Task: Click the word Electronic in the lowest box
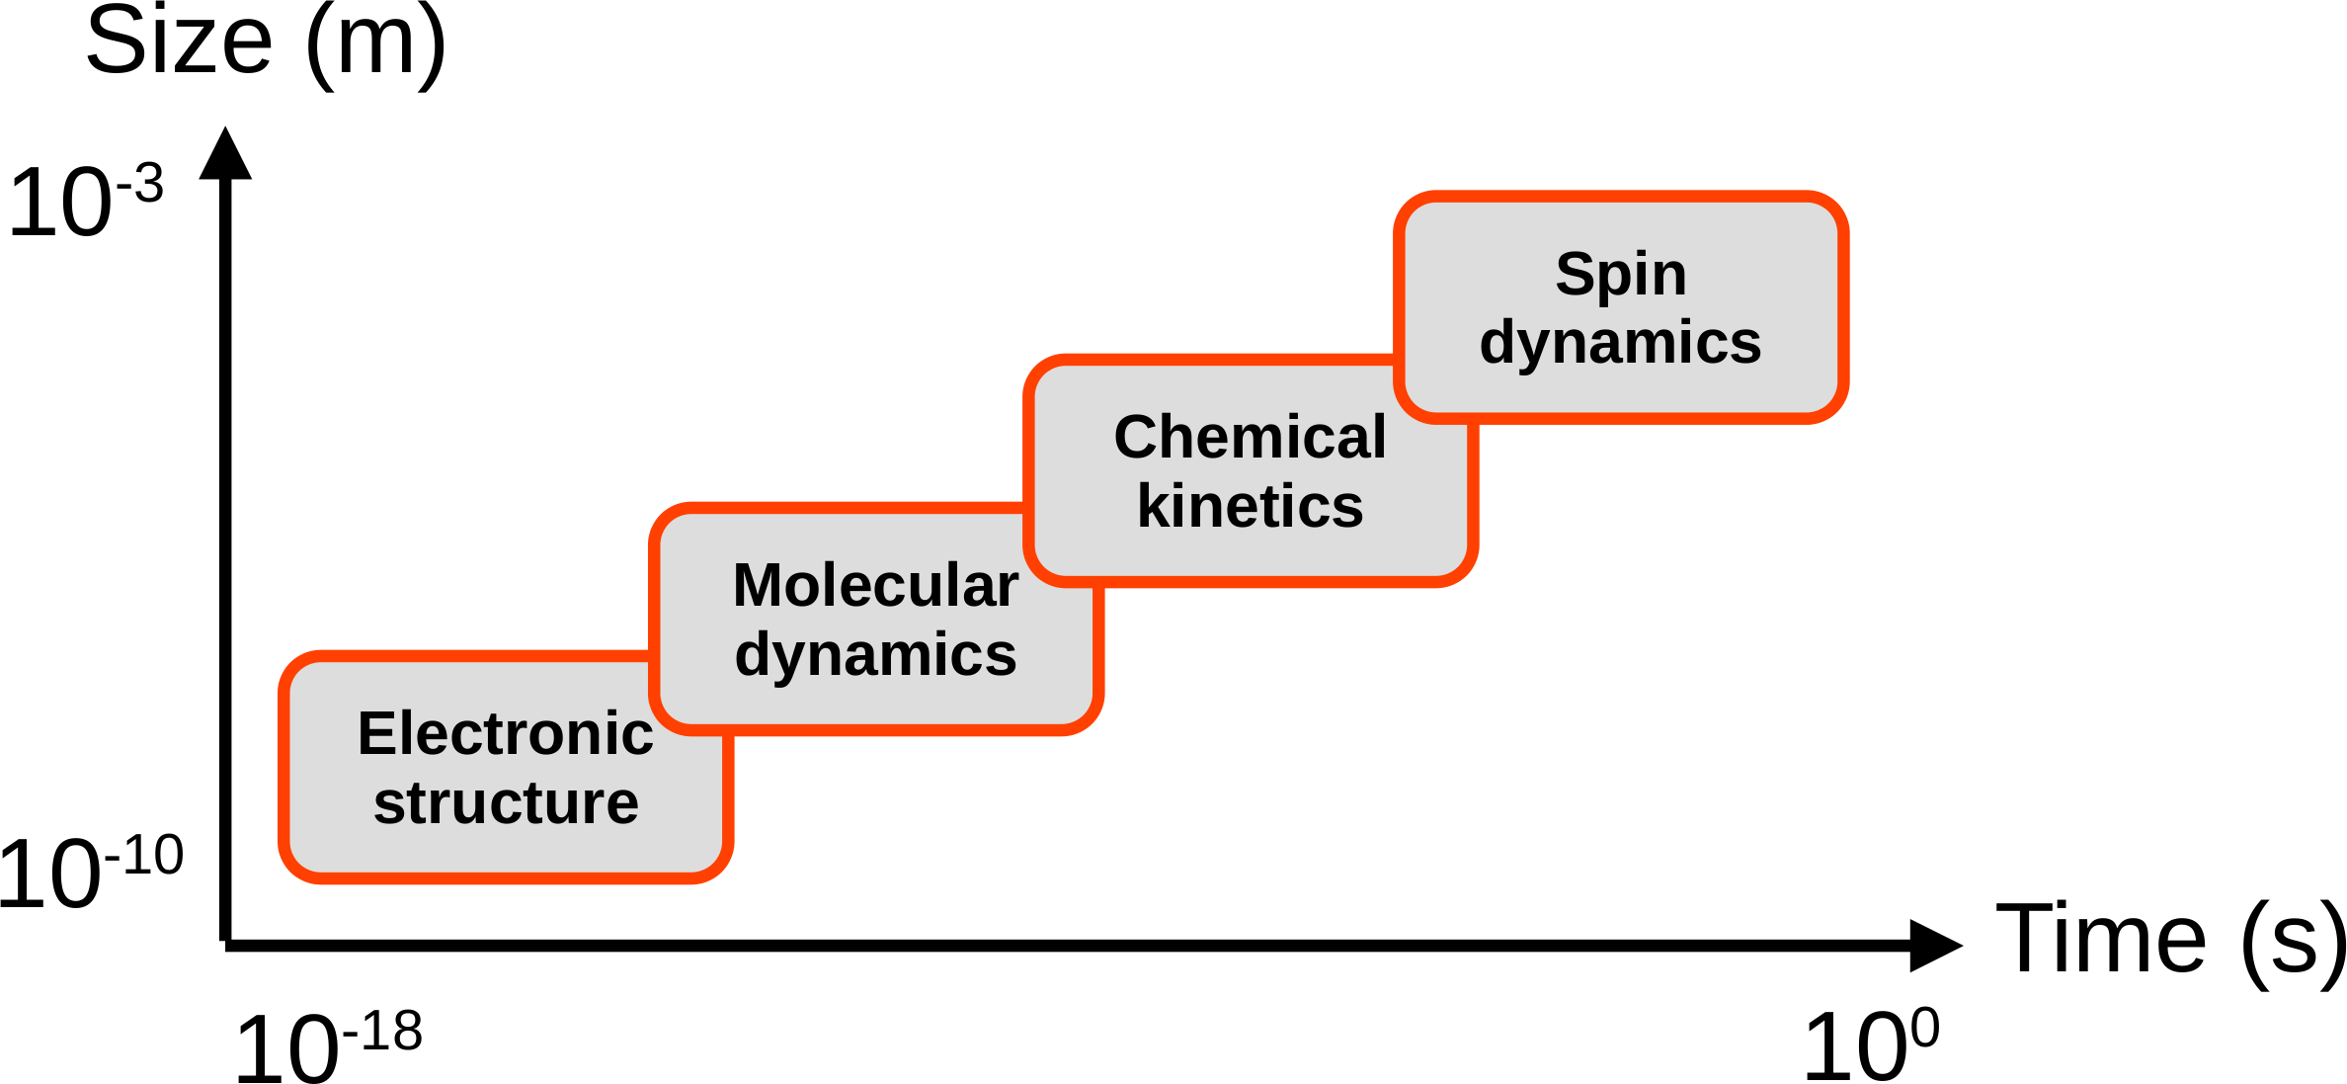click(x=505, y=734)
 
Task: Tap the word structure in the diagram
click(x=506, y=802)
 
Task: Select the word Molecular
click(x=875, y=585)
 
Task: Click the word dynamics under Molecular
click(x=875, y=654)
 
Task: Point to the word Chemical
click(x=1250, y=437)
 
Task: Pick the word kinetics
click(x=1250, y=506)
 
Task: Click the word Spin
click(x=1621, y=274)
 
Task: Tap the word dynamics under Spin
click(x=1620, y=343)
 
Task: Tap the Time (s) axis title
click(x=2171, y=940)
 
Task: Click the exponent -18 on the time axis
click(x=382, y=1033)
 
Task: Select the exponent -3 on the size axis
click(x=140, y=185)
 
